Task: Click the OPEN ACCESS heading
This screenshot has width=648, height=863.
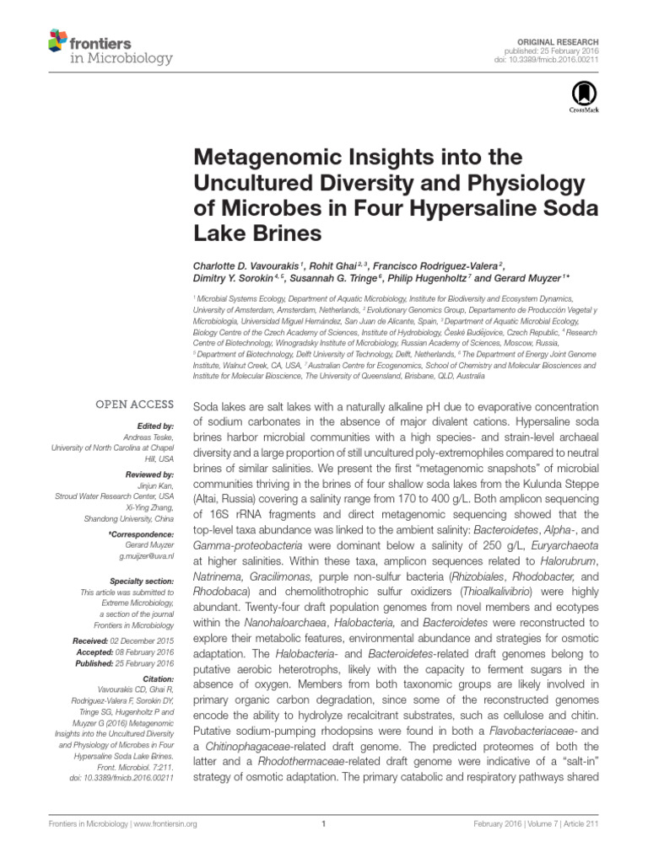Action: [134, 404]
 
